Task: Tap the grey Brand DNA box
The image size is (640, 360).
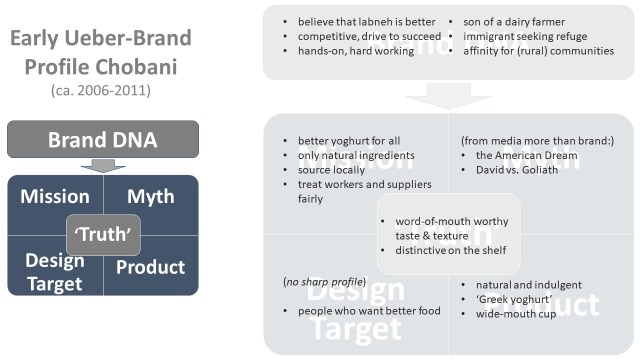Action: tap(105, 140)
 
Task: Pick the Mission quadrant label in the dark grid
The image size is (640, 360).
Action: tap(56, 195)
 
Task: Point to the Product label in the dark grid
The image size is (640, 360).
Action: tap(150, 267)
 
